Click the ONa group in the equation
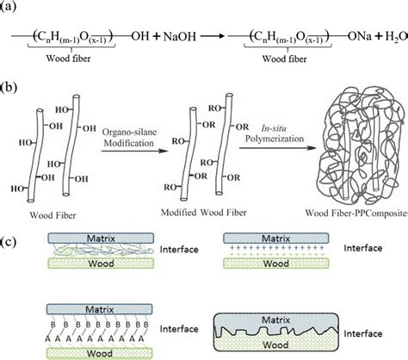point(349,38)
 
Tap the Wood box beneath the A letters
point(86,349)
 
